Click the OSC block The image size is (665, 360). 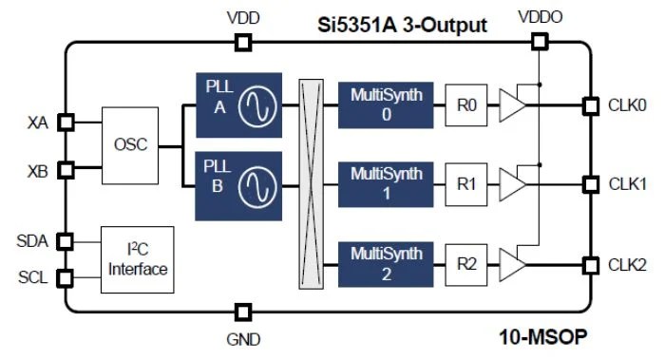tap(131, 146)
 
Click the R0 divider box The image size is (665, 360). tap(466, 105)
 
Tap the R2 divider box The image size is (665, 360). tap(466, 263)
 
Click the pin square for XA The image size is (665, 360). tap(66, 123)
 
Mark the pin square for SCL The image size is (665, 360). tap(66, 278)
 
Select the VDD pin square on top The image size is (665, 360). tap(243, 42)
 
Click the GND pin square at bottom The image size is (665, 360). tap(243, 312)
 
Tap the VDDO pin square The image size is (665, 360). tap(539, 42)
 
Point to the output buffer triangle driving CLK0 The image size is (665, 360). tap(512, 105)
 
